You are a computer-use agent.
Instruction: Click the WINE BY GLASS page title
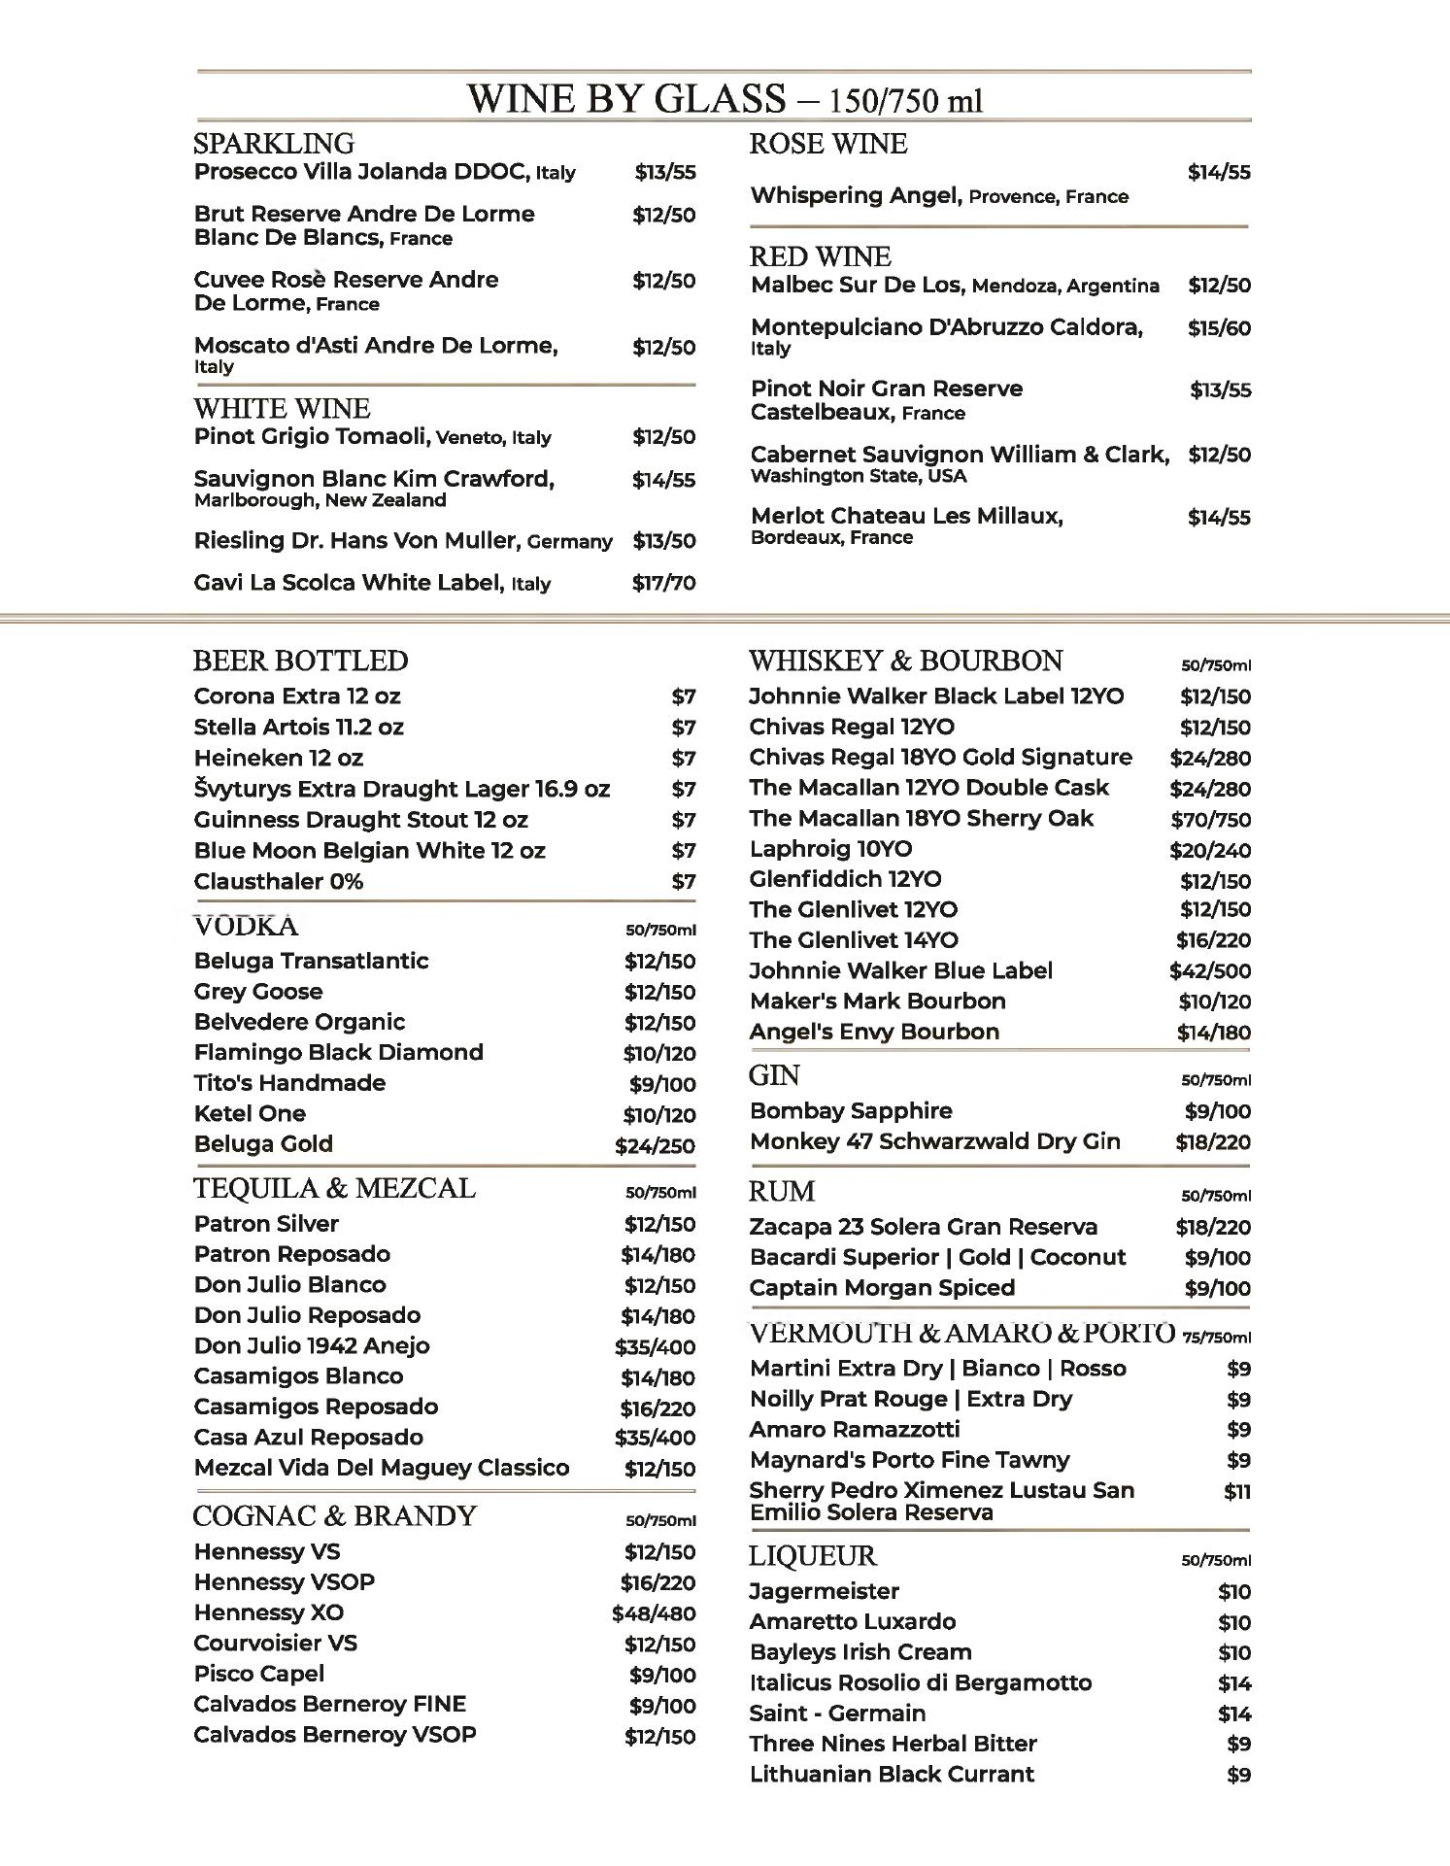pyautogui.click(x=725, y=99)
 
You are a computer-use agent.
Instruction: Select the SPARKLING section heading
pyautogui.click(x=274, y=144)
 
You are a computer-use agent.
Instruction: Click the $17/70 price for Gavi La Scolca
pyautogui.click(x=663, y=583)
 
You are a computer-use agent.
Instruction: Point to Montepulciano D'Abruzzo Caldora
pyautogui.click(x=946, y=327)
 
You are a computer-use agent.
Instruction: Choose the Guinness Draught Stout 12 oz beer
pyautogui.click(x=360, y=820)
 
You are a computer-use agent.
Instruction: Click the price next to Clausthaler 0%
pyautogui.click(x=684, y=882)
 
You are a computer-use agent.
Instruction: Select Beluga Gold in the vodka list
pyautogui.click(x=263, y=1144)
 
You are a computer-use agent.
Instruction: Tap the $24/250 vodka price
pyautogui.click(x=655, y=1146)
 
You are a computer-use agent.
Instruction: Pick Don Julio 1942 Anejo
pyautogui.click(x=311, y=1346)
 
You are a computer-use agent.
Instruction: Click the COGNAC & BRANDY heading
pyautogui.click(x=334, y=1516)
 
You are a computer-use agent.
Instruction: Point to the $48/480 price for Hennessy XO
pyautogui.click(x=654, y=1613)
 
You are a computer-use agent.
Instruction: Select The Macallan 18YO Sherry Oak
pyautogui.click(x=921, y=819)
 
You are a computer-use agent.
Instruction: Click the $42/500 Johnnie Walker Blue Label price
pyautogui.click(x=1210, y=971)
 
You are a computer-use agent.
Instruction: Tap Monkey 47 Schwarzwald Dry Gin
pyautogui.click(x=934, y=1141)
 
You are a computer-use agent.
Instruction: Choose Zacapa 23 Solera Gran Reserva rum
pyautogui.click(x=923, y=1227)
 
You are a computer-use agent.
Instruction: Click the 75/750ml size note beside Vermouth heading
pyautogui.click(x=1217, y=1338)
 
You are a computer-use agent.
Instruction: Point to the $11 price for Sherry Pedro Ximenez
pyautogui.click(x=1237, y=1492)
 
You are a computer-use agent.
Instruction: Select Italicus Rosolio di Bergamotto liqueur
pyautogui.click(x=920, y=1683)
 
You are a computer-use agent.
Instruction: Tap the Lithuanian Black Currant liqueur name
pyautogui.click(x=892, y=1775)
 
